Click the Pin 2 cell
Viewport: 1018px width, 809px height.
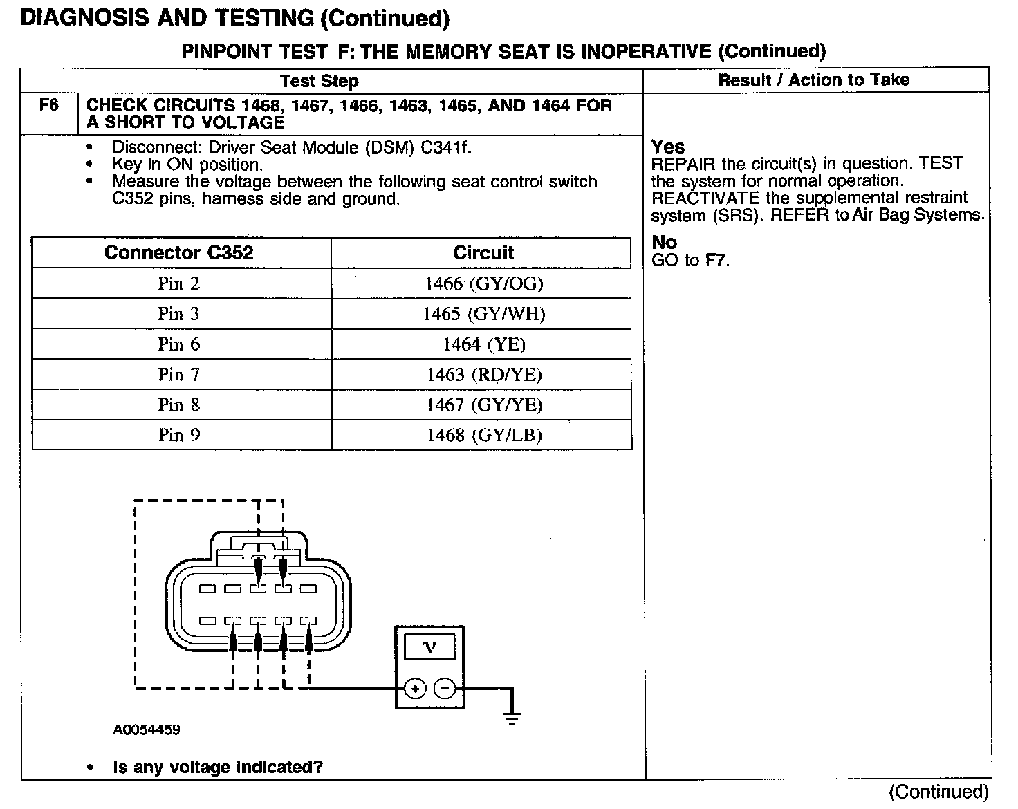point(178,283)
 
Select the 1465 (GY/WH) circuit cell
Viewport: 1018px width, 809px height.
point(483,314)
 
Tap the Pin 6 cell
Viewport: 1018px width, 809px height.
point(178,344)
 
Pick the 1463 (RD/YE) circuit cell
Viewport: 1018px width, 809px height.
point(483,375)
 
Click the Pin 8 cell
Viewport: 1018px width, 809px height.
point(178,405)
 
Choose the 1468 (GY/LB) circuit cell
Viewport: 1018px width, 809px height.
point(483,435)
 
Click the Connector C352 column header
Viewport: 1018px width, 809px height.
point(178,252)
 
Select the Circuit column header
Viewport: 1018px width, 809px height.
point(483,252)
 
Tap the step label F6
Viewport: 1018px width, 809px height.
point(49,106)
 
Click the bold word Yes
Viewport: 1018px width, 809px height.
point(668,147)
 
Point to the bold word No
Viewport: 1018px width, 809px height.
point(664,242)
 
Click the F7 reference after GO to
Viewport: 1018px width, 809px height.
point(716,260)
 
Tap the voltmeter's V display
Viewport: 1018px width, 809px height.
point(429,647)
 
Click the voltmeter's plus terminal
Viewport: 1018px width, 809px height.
point(414,689)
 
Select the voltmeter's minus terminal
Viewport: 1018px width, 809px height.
point(445,689)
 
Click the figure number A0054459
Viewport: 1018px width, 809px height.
point(147,730)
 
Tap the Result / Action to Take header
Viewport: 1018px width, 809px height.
point(813,80)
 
